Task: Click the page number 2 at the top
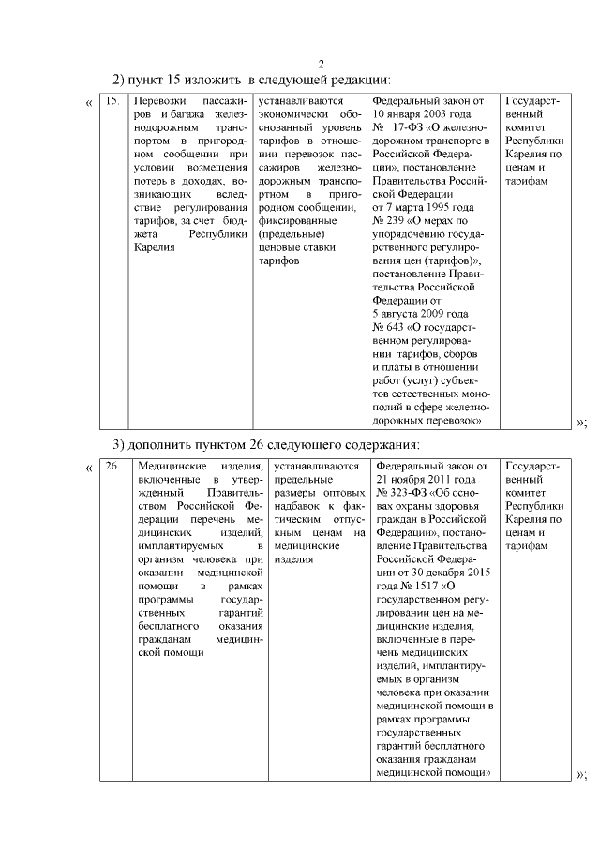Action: (x=320, y=64)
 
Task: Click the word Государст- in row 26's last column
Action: (x=532, y=466)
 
